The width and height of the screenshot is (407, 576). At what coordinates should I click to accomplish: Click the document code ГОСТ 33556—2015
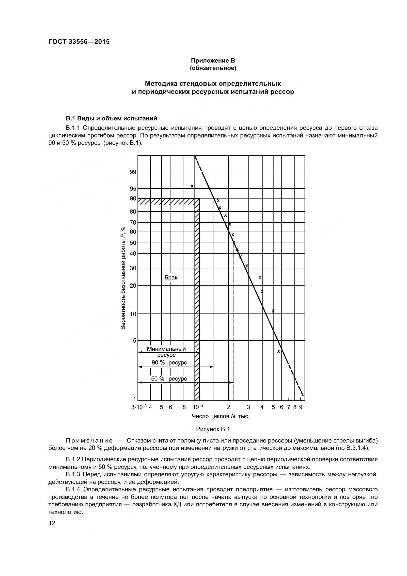coord(79,42)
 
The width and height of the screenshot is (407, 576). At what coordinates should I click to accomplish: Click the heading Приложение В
coord(213,61)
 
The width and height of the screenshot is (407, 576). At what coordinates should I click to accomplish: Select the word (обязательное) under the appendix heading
coord(213,68)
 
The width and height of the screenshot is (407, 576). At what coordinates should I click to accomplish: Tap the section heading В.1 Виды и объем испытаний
coord(111,118)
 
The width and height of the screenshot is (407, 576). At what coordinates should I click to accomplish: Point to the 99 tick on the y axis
coord(133,172)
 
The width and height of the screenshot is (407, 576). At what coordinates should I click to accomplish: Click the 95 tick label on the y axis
coord(133,189)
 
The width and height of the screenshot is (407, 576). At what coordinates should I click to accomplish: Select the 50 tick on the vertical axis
coord(133,243)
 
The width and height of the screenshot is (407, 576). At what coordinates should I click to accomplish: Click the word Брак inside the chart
coord(171,278)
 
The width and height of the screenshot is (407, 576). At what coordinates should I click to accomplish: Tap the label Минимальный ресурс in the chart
coord(166,352)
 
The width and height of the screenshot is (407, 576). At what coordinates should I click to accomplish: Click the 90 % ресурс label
coord(169,363)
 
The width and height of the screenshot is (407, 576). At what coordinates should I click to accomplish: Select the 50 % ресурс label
coord(169,379)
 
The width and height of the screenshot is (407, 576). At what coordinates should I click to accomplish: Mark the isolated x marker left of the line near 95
coord(192,186)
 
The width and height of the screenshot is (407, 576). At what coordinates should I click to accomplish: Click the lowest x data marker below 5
coord(279,351)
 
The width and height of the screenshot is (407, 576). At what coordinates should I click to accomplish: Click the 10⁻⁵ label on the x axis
coord(198,407)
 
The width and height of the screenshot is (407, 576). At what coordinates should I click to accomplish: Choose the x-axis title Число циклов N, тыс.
coord(220,416)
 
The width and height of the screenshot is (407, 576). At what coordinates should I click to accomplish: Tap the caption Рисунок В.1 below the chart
coord(213,429)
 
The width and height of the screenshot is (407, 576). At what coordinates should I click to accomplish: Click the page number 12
coord(52,523)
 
